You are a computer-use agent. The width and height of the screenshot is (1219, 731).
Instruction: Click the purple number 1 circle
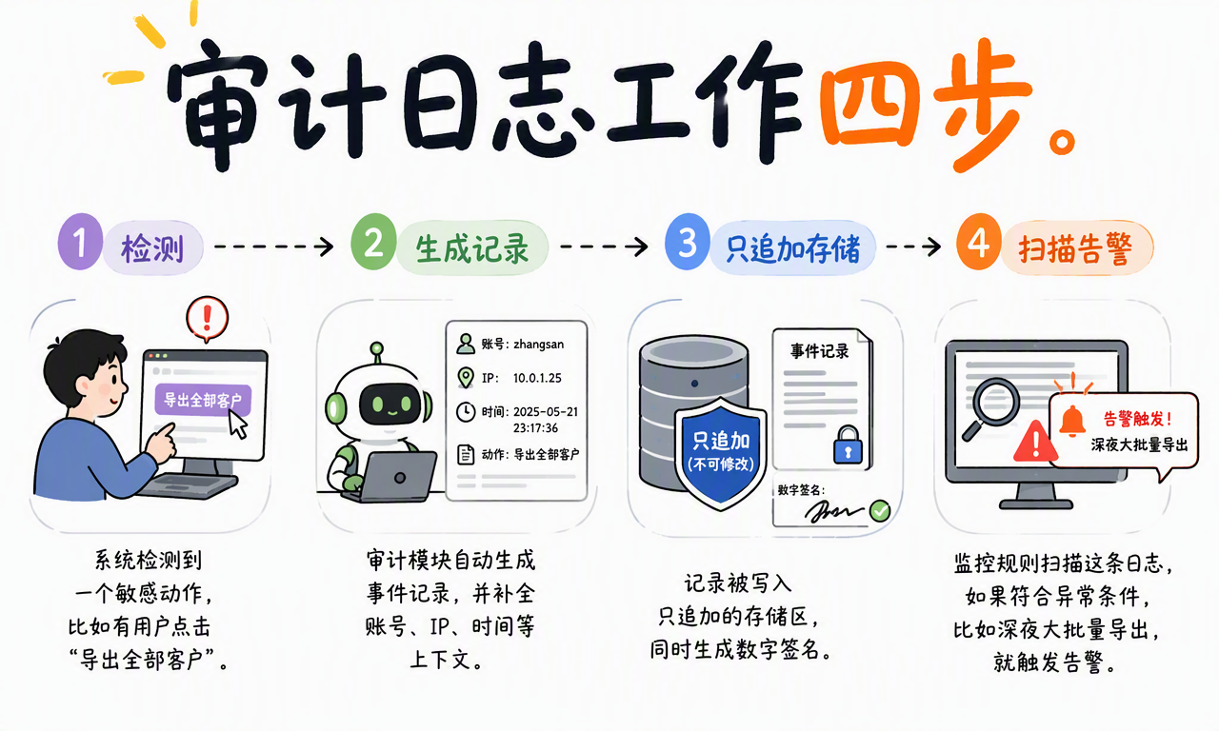tap(80, 242)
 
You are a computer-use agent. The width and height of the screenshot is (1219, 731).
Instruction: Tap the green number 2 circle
tap(373, 242)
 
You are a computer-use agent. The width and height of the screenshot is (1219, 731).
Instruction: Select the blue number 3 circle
tap(688, 242)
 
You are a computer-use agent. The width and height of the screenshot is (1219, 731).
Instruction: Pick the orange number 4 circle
tap(979, 242)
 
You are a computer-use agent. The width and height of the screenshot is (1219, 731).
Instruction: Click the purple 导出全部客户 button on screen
tap(203, 401)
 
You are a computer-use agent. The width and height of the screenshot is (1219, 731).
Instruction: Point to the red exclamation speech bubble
tap(207, 319)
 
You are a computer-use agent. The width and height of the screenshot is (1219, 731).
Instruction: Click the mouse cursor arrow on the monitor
tap(237, 425)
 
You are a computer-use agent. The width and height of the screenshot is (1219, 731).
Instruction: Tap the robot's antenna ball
tap(376, 348)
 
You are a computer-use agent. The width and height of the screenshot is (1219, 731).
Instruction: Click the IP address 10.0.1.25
tap(537, 378)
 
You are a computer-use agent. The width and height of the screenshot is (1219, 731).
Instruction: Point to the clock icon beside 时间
tap(466, 412)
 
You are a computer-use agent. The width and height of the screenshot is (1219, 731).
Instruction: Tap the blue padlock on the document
tap(848, 445)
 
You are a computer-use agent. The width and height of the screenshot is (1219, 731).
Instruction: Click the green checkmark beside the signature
tap(879, 511)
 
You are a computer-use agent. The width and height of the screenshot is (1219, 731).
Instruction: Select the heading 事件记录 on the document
tap(820, 351)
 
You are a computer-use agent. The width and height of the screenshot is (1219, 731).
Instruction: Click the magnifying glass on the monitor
tap(990, 406)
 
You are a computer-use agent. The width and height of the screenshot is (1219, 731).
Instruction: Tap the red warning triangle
tap(1035, 442)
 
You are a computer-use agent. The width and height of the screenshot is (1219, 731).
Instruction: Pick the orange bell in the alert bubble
tap(1072, 421)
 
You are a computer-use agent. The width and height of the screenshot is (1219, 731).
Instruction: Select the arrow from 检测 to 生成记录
tap(273, 247)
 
